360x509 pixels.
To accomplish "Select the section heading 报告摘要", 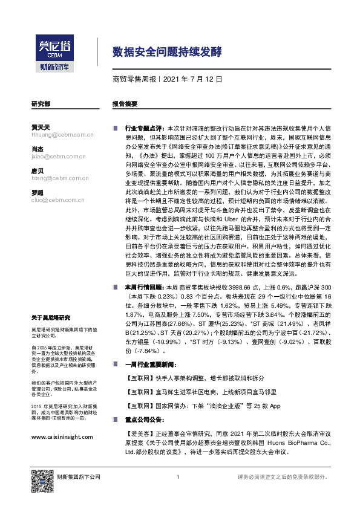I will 125,104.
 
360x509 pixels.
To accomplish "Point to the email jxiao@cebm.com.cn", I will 56,155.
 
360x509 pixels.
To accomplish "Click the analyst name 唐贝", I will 37,171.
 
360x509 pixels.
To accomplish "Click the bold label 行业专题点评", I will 143,129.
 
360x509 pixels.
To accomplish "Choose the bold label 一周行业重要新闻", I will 149,365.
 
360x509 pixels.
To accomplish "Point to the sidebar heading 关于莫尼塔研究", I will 51,317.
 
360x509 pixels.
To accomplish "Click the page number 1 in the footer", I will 178,478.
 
